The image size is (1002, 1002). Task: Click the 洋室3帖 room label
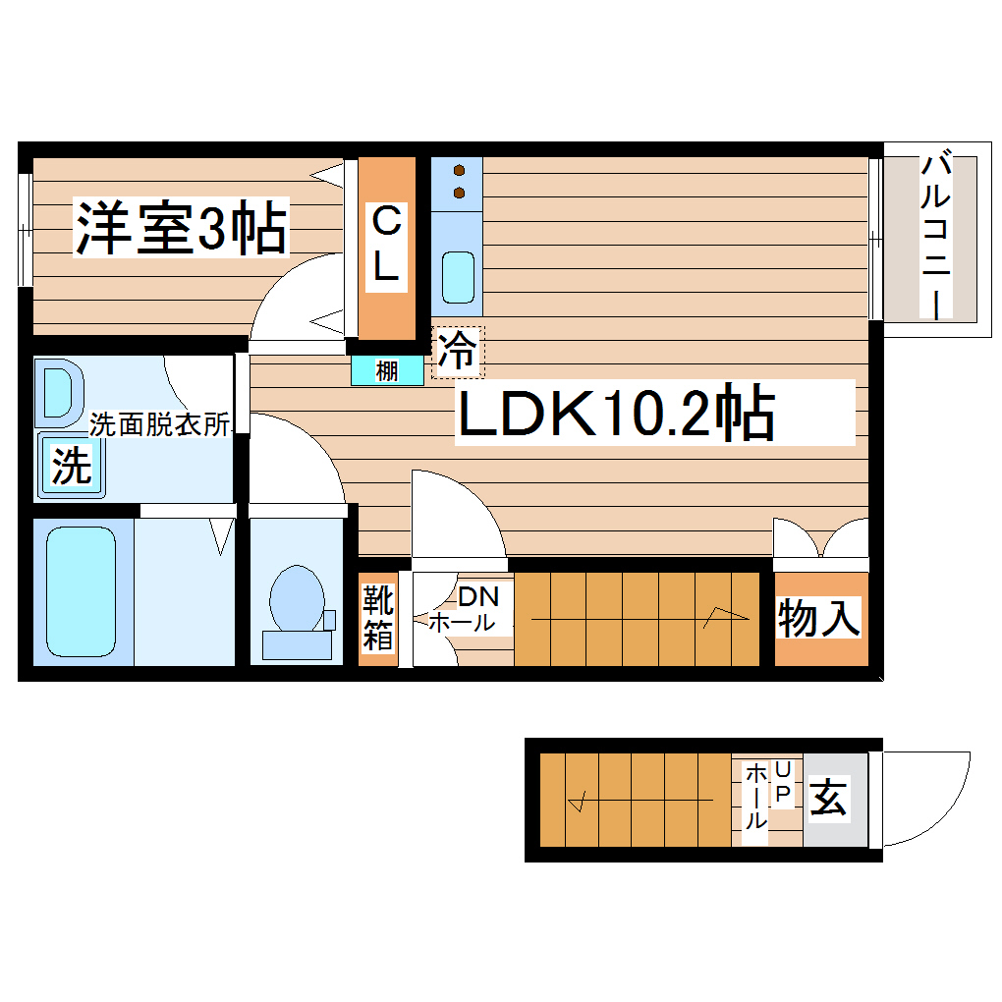coord(182,228)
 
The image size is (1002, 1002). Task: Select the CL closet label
coord(386,245)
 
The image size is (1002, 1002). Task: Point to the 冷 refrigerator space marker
coord(457,351)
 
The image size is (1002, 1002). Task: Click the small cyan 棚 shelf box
coord(388,371)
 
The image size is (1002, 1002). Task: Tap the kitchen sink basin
coord(458,276)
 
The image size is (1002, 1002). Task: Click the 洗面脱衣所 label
coord(159,424)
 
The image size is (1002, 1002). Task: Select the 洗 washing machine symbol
coord(71,465)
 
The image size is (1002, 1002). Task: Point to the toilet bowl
coord(296,598)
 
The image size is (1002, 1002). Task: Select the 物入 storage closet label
coord(820,619)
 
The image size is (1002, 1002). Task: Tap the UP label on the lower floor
coord(783,783)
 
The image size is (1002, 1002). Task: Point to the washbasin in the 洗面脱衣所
coord(59,395)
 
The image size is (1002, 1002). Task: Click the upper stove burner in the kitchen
coord(459,170)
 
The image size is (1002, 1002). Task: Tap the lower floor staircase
coord(634,801)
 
